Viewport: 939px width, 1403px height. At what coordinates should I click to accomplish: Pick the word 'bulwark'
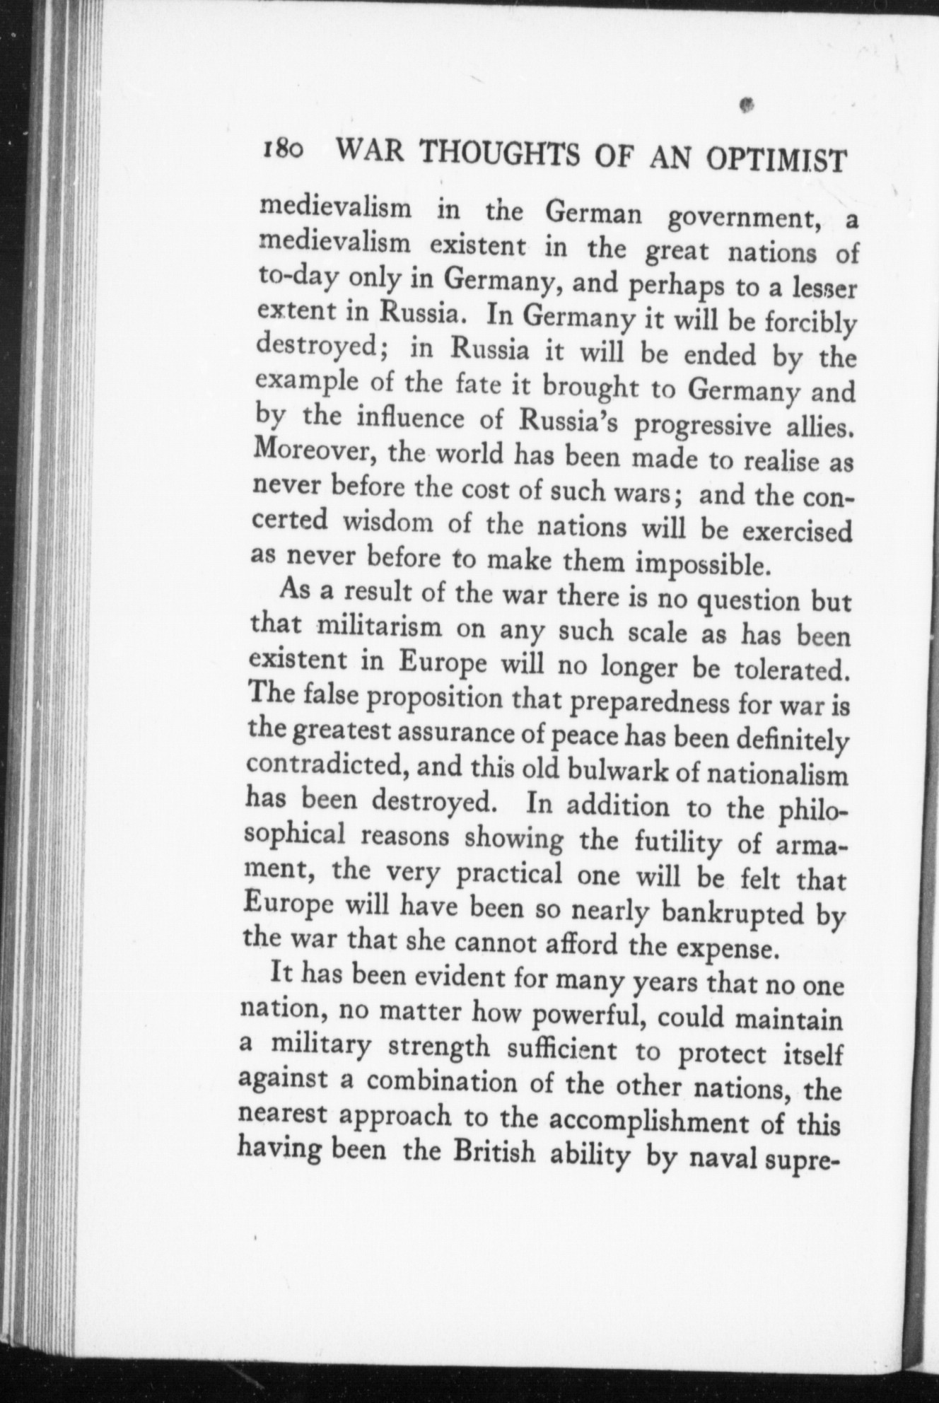(x=615, y=771)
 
